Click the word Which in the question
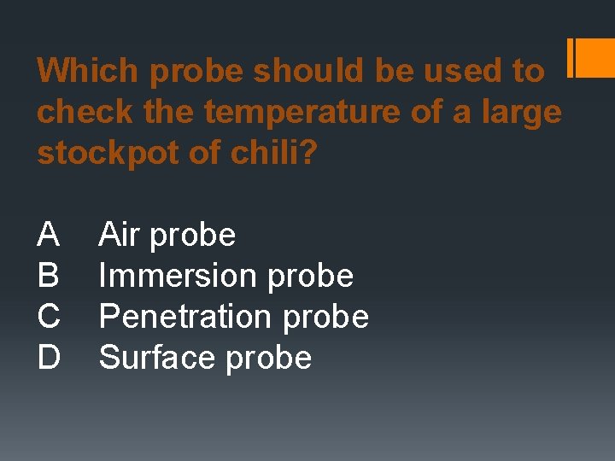89,71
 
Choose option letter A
49,234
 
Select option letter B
49,275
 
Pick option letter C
49,316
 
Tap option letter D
49,357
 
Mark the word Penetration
186,316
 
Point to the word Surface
158,357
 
